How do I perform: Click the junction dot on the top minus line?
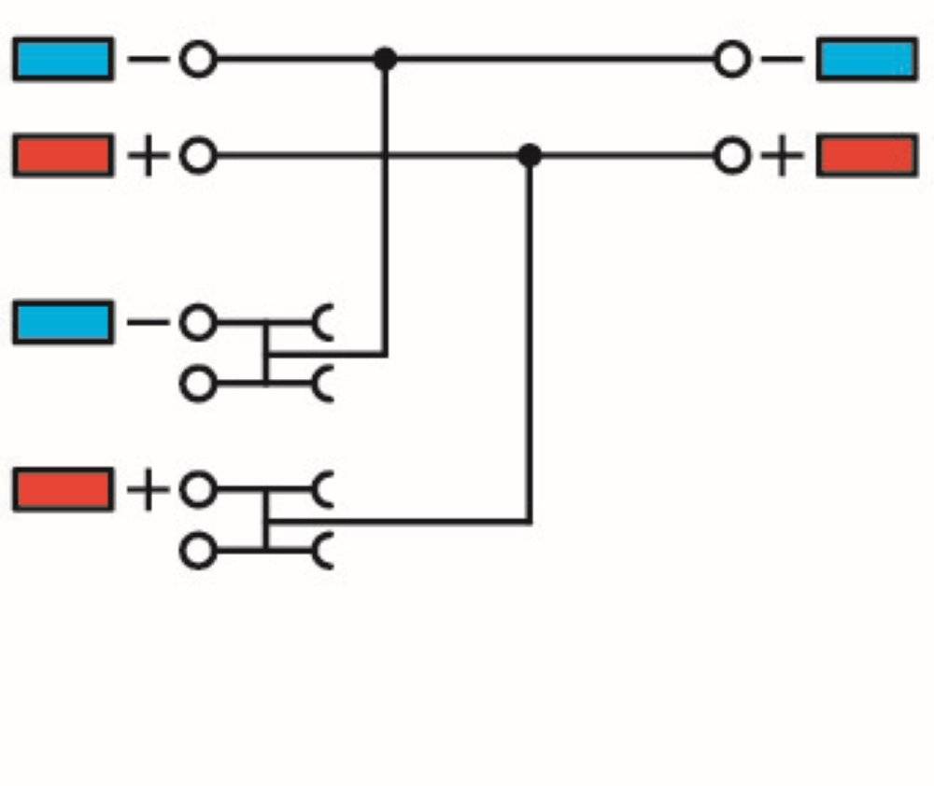(x=386, y=59)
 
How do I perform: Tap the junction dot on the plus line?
(x=530, y=155)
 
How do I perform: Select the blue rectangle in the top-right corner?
(x=867, y=59)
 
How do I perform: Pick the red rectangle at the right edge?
(x=867, y=155)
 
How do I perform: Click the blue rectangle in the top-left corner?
(x=64, y=59)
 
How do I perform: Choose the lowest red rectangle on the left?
(x=64, y=489)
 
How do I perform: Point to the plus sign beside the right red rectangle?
(x=782, y=156)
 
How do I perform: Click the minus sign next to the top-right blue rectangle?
(x=782, y=59)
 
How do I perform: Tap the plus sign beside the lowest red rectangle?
(x=149, y=490)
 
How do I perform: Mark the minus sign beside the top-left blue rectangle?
(x=149, y=59)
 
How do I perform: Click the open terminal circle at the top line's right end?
(x=731, y=59)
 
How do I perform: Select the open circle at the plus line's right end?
(x=731, y=155)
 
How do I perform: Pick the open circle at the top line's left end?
(x=198, y=59)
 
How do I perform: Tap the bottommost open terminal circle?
(x=198, y=551)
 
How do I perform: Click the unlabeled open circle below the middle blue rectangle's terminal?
(x=198, y=384)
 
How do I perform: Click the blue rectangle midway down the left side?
(x=64, y=323)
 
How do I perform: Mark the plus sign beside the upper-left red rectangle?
(x=149, y=156)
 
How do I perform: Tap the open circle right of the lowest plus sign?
(x=198, y=489)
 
